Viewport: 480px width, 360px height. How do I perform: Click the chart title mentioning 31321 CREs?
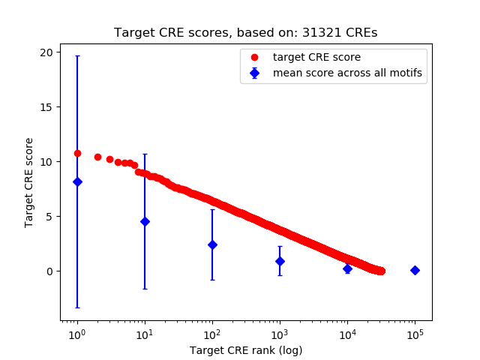246,33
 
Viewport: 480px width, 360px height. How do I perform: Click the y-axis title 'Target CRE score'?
29,182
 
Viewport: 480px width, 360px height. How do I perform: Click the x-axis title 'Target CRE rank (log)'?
246,350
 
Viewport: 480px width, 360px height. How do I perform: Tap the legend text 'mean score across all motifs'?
347,73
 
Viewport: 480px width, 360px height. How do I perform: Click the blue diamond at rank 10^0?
77,181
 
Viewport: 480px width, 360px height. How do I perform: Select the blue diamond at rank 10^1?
145,221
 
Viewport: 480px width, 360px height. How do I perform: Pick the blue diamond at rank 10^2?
212,244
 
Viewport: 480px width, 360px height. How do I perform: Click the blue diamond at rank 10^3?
280,261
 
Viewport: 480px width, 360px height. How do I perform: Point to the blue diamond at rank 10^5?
415,270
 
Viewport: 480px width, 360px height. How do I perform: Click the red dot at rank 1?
77,153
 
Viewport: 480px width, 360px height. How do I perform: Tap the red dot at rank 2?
97,157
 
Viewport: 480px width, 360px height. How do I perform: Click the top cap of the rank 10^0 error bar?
77,56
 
